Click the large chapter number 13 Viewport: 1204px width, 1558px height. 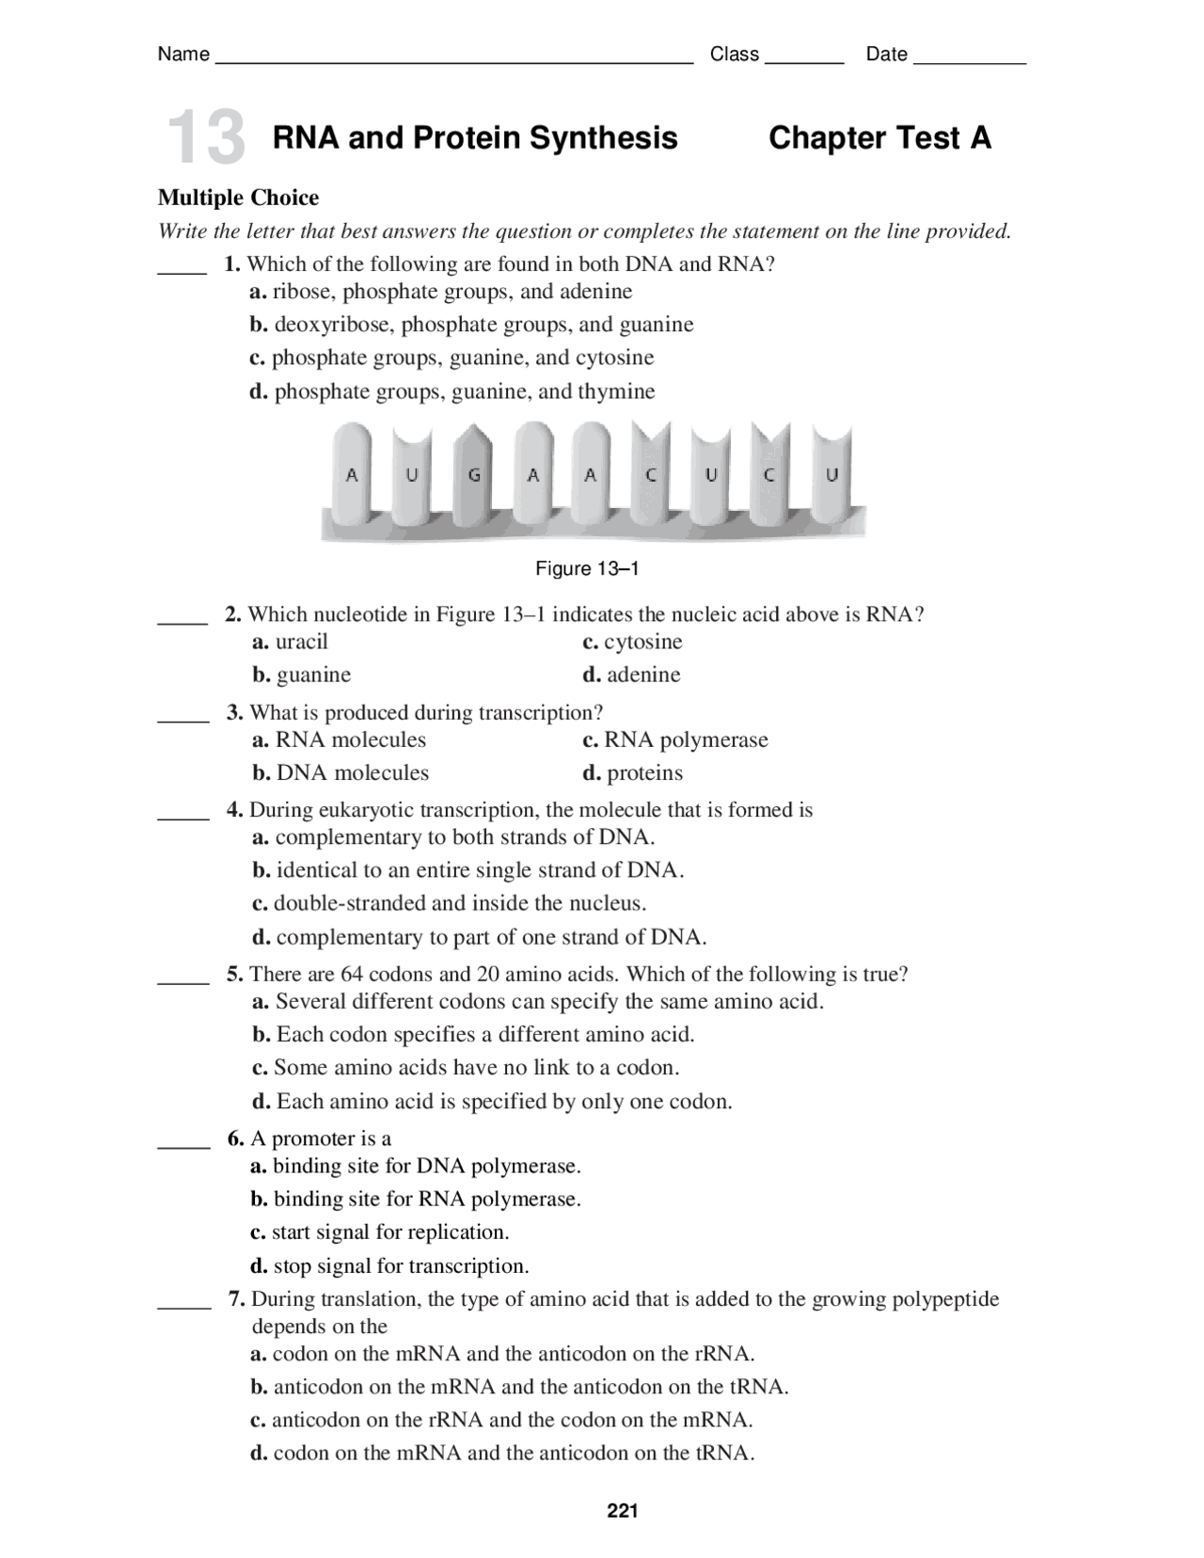coord(205,138)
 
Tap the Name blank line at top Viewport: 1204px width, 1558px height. coord(454,59)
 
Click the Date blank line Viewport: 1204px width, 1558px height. coord(969,59)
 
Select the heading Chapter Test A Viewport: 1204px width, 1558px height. coord(879,138)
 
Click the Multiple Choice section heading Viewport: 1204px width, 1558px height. coord(238,198)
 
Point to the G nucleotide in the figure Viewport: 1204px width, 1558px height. coord(474,476)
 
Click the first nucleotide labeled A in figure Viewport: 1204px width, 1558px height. coord(352,476)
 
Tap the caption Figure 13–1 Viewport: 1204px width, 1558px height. coord(587,568)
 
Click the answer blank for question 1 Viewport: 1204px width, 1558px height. coord(182,270)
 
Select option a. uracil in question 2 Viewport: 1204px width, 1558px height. coord(291,642)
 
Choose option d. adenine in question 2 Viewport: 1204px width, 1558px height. coord(631,675)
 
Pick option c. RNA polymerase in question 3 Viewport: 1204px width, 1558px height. coord(675,739)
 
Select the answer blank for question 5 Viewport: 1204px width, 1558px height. coord(182,980)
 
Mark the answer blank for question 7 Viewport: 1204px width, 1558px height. coord(183,1306)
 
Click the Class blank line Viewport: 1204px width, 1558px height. coord(804,59)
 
